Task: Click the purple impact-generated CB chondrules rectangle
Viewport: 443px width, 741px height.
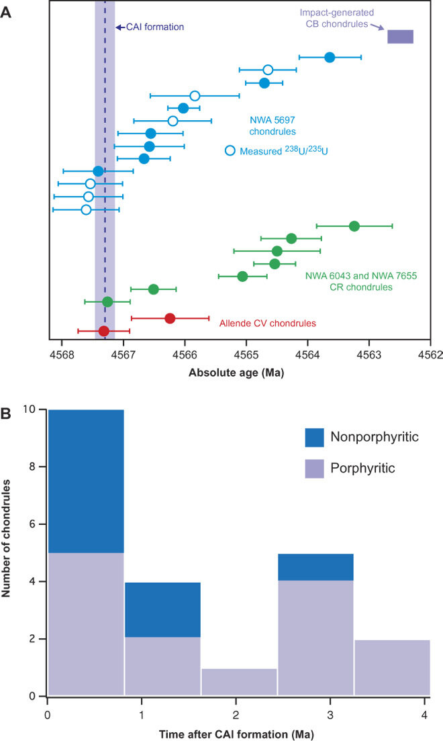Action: tap(400, 37)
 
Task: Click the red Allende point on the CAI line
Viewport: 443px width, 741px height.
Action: tap(103, 331)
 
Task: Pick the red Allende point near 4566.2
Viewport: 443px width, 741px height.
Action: tap(170, 318)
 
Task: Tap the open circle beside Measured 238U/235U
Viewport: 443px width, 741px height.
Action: tap(230, 150)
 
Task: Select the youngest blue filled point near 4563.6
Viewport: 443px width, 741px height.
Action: tap(330, 57)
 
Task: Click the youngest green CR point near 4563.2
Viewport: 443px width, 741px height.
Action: tap(354, 226)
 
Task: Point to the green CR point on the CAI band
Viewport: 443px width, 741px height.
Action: tap(107, 301)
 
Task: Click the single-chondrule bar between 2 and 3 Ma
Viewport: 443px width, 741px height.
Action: tap(239, 682)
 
